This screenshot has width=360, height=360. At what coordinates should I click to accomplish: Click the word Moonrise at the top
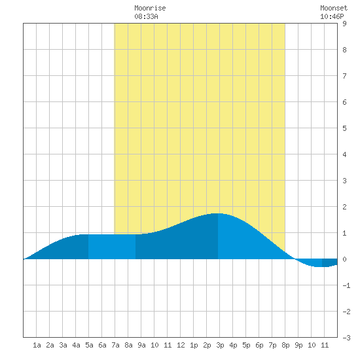[150, 8]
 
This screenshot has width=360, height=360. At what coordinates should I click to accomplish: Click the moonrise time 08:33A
[146, 16]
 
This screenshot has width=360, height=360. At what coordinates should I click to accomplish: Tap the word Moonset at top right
[334, 8]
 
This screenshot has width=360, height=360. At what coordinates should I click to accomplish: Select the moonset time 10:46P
[332, 16]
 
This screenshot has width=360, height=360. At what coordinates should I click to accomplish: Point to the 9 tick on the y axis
[344, 24]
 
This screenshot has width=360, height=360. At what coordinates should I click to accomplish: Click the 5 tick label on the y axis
[344, 128]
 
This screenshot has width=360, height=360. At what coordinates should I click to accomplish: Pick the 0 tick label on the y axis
[344, 259]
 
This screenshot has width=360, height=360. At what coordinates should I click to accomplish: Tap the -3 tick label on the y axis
[346, 338]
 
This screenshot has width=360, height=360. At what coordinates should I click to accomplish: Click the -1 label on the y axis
[346, 285]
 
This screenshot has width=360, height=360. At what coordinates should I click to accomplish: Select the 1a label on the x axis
[37, 345]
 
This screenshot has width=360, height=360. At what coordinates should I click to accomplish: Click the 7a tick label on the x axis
[115, 345]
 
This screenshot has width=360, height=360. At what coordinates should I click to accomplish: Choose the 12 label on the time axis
[181, 345]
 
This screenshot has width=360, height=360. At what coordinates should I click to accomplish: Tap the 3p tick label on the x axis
[220, 345]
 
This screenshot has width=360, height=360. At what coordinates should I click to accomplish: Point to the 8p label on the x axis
[285, 345]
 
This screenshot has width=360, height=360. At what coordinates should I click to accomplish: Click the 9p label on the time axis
[298, 345]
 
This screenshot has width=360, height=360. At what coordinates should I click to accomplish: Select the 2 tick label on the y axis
[344, 207]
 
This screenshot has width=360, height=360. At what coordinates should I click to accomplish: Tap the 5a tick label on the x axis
[89, 345]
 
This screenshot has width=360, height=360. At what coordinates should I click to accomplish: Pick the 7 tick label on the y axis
[344, 76]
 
